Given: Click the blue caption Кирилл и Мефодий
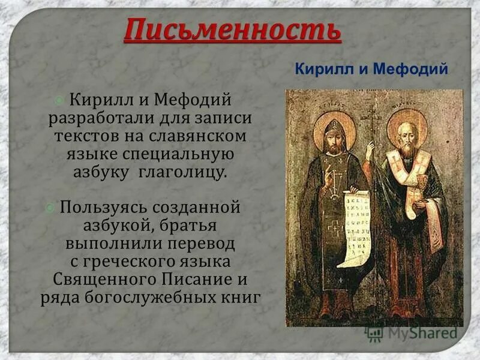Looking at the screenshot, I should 372,69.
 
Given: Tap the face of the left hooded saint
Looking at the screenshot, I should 333,137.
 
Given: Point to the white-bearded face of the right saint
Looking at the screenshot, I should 408,136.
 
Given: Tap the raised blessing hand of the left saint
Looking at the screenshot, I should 329,175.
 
